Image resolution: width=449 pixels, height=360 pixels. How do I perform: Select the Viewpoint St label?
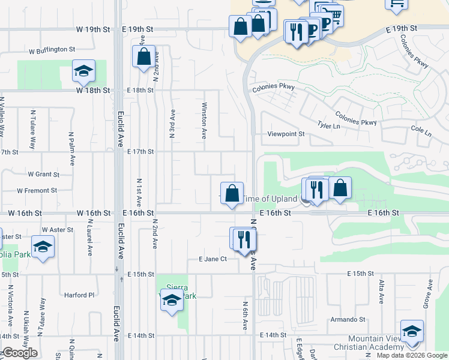pos(286,134)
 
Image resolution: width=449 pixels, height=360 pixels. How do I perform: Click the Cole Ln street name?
pos(421,130)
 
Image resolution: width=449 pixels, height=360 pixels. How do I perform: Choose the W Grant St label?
pos(43,175)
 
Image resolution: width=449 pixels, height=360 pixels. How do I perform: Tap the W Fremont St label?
pos(37,191)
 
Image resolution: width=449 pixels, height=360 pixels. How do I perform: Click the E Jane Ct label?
pos(212,259)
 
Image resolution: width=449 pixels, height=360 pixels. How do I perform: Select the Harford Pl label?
pos(80,295)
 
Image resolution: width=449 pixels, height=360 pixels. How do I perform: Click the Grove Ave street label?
pos(429,293)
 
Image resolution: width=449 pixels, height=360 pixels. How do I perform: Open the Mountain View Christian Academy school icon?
pos(412,331)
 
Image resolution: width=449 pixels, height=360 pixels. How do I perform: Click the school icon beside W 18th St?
pos(83,71)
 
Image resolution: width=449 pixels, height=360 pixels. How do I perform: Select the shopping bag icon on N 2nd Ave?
pos(144,58)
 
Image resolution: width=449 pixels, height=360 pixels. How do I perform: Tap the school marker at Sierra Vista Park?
pos(172,300)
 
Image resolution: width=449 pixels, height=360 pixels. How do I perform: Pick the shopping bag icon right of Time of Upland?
pos(340,188)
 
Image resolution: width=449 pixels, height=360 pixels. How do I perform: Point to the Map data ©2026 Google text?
pos(412,355)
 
